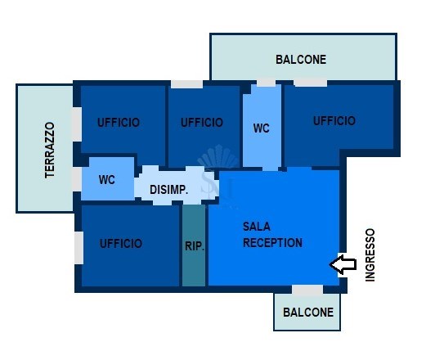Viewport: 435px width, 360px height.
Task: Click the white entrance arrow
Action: pos(343,264)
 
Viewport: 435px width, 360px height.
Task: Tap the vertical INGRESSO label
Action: pos(370,255)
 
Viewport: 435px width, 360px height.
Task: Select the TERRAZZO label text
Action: pos(50,150)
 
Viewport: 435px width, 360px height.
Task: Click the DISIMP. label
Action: pos(169,190)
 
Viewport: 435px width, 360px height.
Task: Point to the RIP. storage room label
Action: pos(195,246)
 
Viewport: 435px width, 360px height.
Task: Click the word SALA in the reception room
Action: pos(257,227)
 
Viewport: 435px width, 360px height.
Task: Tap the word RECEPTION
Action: pos(272,242)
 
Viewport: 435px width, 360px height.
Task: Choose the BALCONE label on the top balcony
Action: pos(301,60)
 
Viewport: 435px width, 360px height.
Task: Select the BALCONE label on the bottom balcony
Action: pos(308,313)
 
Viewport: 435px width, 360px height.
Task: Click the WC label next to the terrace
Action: pos(107,179)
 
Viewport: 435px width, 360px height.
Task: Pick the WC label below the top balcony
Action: pos(262,128)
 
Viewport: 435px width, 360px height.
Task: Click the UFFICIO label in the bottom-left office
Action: pos(121,244)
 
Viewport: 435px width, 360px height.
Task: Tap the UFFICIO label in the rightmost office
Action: pos(334,121)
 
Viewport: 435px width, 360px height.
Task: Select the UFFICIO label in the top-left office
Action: pos(119,123)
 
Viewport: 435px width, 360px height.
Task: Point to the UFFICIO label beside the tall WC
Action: pos(202,123)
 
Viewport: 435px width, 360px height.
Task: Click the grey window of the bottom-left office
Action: pos(78,248)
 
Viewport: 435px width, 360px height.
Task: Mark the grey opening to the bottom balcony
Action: pos(307,289)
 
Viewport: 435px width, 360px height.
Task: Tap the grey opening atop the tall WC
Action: pos(266,83)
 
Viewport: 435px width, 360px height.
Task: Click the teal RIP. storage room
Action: pos(194,245)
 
